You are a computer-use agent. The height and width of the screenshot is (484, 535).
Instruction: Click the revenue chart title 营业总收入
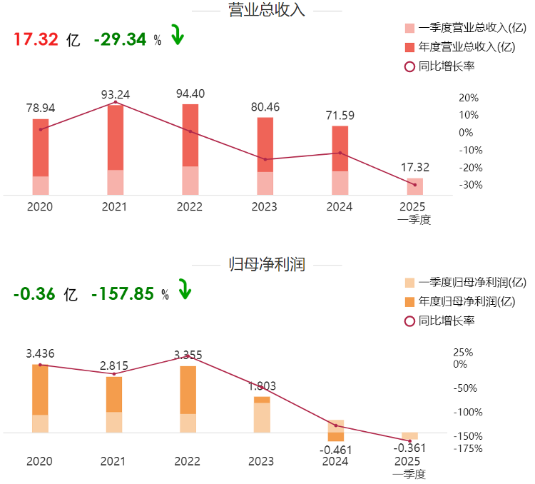tap(266, 10)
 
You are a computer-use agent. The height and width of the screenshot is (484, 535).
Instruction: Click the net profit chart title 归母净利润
tap(267, 265)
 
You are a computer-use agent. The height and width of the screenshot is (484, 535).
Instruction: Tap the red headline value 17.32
tap(36, 40)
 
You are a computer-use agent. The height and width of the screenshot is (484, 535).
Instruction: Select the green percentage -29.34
tap(120, 40)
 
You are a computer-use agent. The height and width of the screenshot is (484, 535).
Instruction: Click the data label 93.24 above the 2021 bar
tap(116, 94)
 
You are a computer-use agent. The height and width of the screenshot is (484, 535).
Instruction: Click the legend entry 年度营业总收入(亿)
tap(467, 47)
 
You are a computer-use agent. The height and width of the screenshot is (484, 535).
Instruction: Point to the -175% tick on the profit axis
tap(468, 448)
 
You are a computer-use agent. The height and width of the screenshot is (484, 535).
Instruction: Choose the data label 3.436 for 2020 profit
tap(41, 353)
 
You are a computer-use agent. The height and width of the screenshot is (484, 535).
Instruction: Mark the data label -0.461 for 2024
tap(335, 450)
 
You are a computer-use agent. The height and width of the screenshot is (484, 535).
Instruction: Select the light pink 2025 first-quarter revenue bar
tap(414, 186)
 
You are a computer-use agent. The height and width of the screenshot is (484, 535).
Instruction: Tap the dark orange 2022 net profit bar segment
tap(188, 390)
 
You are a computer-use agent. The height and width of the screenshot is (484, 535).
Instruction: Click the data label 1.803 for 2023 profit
tap(261, 386)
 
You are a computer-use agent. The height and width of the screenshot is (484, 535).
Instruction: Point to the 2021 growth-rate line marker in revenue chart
tap(116, 103)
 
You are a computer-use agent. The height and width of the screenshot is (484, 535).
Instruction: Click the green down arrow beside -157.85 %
tap(185, 289)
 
